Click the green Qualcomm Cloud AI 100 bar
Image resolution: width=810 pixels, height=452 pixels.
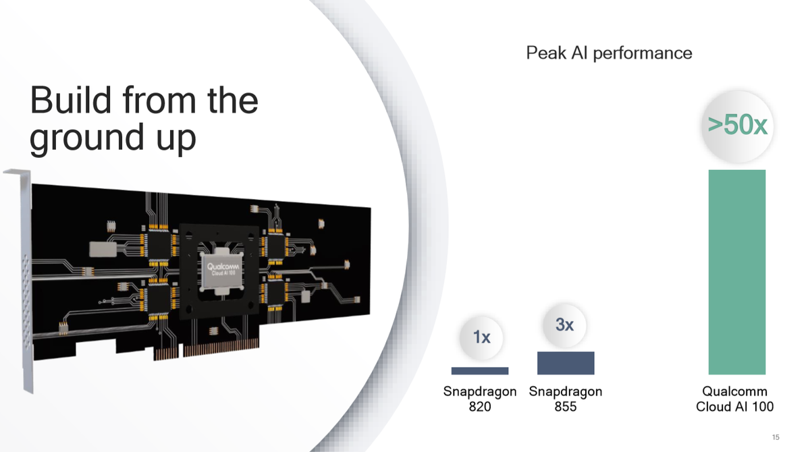(x=736, y=272)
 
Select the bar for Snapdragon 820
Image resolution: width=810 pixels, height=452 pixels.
(x=479, y=370)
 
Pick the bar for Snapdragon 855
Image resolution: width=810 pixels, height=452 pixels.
(x=566, y=363)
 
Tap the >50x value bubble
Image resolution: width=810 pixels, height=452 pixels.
(x=737, y=125)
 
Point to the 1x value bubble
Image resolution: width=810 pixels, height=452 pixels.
(x=481, y=337)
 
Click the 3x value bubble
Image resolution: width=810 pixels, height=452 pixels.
(x=565, y=325)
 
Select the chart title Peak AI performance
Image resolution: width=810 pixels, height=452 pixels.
(x=609, y=53)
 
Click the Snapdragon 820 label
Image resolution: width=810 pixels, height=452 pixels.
(x=480, y=399)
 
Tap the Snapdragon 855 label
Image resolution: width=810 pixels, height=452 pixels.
(x=566, y=399)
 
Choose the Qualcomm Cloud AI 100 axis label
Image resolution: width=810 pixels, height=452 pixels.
(x=735, y=399)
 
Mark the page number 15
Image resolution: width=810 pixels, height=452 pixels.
(x=776, y=438)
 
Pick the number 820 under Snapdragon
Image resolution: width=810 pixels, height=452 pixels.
(x=480, y=407)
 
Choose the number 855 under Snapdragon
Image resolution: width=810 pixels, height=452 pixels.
(x=566, y=407)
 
